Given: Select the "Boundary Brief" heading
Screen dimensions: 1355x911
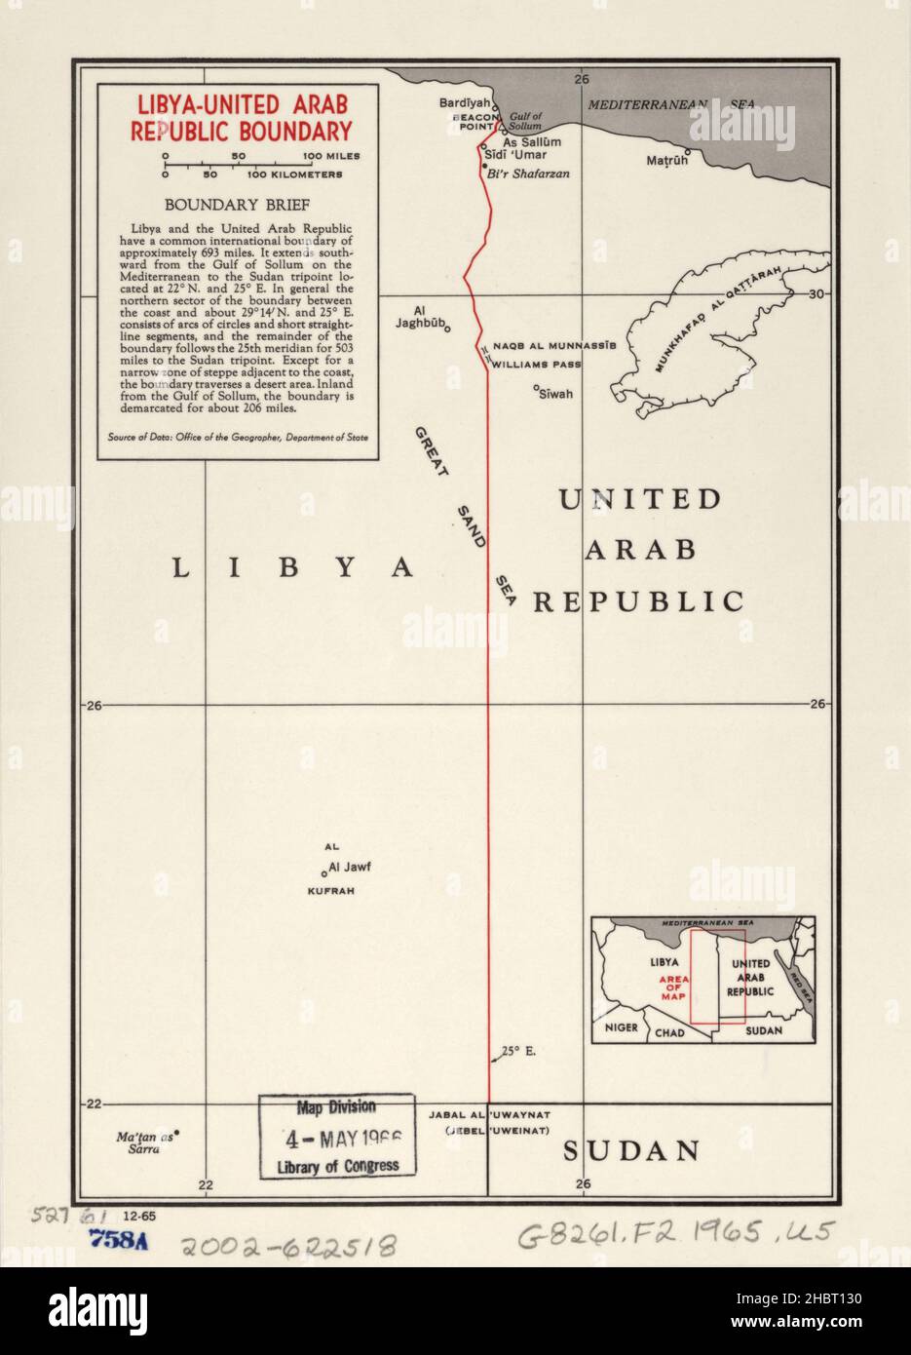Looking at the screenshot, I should tap(237, 205).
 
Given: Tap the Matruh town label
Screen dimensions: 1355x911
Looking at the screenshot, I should tap(666, 160).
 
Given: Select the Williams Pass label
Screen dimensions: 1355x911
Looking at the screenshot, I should tap(536, 365).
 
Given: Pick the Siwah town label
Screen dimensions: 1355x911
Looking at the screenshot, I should tap(555, 394).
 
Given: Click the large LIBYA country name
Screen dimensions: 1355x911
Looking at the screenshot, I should tap(293, 567).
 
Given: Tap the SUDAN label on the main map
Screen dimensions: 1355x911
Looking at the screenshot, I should tap(631, 1151).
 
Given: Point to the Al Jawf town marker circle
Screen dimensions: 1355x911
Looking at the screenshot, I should tap(323, 873).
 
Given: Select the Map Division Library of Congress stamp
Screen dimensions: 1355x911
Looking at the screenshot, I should tap(336, 1137).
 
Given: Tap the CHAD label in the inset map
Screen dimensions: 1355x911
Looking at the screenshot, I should tap(669, 1031).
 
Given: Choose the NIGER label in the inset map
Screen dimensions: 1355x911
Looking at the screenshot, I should tap(621, 1027).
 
